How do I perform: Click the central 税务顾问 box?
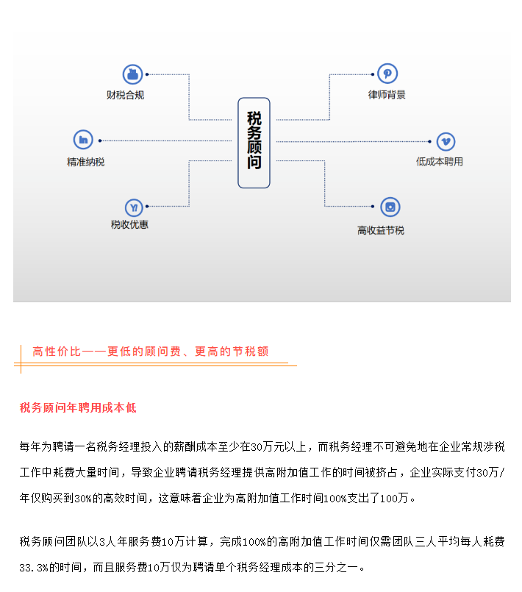tap(254, 143)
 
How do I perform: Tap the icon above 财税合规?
tap(132, 74)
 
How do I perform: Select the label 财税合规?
tap(125, 95)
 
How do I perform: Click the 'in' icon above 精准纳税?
tap(83, 140)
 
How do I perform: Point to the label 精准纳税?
tap(86, 162)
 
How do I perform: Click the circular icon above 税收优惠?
tap(134, 207)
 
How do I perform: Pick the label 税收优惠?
tap(129, 224)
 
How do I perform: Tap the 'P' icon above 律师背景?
tap(387, 74)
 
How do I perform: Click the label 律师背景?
tap(387, 94)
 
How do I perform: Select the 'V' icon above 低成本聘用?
tap(446, 142)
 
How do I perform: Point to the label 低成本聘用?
tap(440, 162)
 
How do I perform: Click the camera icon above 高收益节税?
tap(390, 207)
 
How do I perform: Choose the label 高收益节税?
tap(381, 230)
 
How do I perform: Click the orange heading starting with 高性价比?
tap(151, 352)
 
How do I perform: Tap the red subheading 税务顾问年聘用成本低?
tap(78, 407)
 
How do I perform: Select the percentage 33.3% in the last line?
tap(34, 568)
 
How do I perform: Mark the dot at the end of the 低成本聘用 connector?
tap(429, 142)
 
